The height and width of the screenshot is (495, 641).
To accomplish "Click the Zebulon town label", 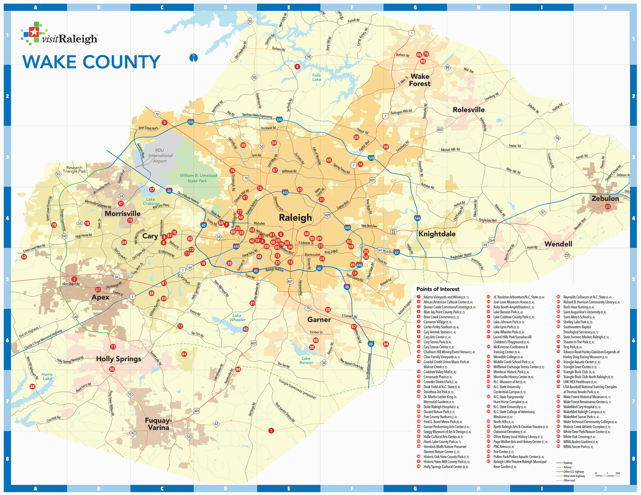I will (x=605, y=198).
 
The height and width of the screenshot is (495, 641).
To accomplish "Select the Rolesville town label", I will (x=468, y=110).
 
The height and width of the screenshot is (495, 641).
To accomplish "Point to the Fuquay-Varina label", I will (x=158, y=424).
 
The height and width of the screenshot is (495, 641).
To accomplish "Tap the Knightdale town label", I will (x=437, y=234).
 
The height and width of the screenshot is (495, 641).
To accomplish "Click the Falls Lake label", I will (x=316, y=77).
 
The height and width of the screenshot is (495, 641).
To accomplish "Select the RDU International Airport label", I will (x=160, y=156).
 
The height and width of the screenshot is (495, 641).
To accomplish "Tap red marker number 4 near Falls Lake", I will (x=297, y=67).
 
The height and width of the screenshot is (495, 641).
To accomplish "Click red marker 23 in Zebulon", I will (x=607, y=207).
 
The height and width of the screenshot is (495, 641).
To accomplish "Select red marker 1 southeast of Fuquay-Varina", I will (x=271, y=431).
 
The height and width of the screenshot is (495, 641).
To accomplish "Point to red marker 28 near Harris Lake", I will (x=32, y=387).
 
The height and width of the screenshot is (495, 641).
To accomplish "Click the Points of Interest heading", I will (x=438, y=289).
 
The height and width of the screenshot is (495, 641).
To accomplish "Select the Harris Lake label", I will (x=47, y=376).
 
